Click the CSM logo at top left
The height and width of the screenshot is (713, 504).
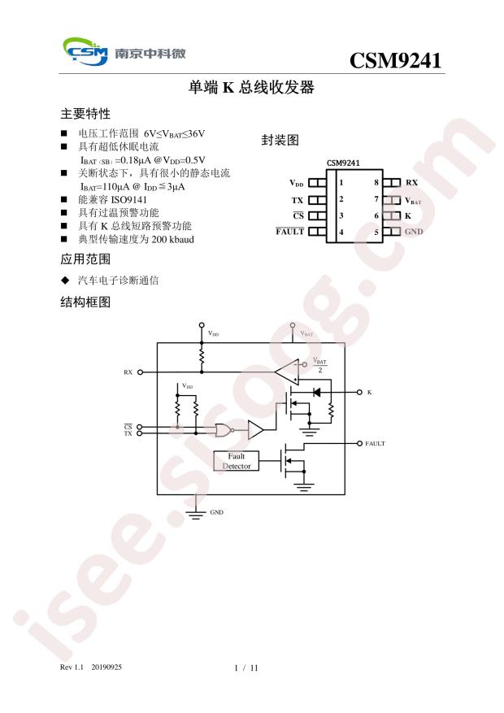(85, 51)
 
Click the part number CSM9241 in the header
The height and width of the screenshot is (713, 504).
(395, 60)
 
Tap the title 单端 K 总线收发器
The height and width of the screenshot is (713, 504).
(251, 87)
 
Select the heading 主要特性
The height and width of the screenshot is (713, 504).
(85, 114)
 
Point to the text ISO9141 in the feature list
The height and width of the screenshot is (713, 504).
(129, 200)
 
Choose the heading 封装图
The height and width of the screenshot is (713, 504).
(280, 140)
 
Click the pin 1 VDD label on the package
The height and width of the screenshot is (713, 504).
(297, 183)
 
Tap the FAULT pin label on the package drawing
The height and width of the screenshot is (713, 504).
(289, 232)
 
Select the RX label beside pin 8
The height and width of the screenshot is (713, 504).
(412, 183)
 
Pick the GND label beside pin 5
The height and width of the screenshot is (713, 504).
(414, 232)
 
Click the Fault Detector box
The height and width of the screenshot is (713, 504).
(237, 461)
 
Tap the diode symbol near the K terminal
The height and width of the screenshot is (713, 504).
(317, 392)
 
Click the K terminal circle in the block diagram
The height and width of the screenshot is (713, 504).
(359, 392)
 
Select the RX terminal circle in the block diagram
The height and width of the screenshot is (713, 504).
(140, 372)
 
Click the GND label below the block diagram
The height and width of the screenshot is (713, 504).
(217, 512)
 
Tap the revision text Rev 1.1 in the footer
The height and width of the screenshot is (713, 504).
(72, 667)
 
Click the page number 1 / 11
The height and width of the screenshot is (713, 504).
(245, 668)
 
